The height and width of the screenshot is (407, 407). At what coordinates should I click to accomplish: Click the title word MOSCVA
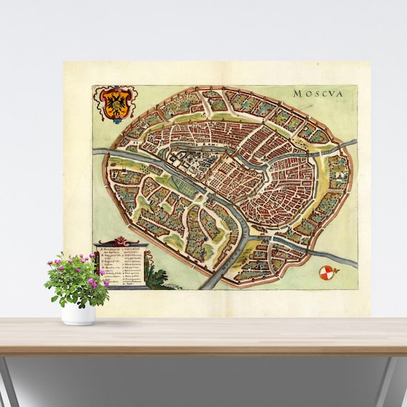pos(318,93)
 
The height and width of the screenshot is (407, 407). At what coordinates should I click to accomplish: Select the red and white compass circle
pos(326,271)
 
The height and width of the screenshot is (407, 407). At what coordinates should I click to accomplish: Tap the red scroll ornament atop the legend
pos(121,241)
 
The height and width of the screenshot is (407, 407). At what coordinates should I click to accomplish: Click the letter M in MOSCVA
pos(296,93)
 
